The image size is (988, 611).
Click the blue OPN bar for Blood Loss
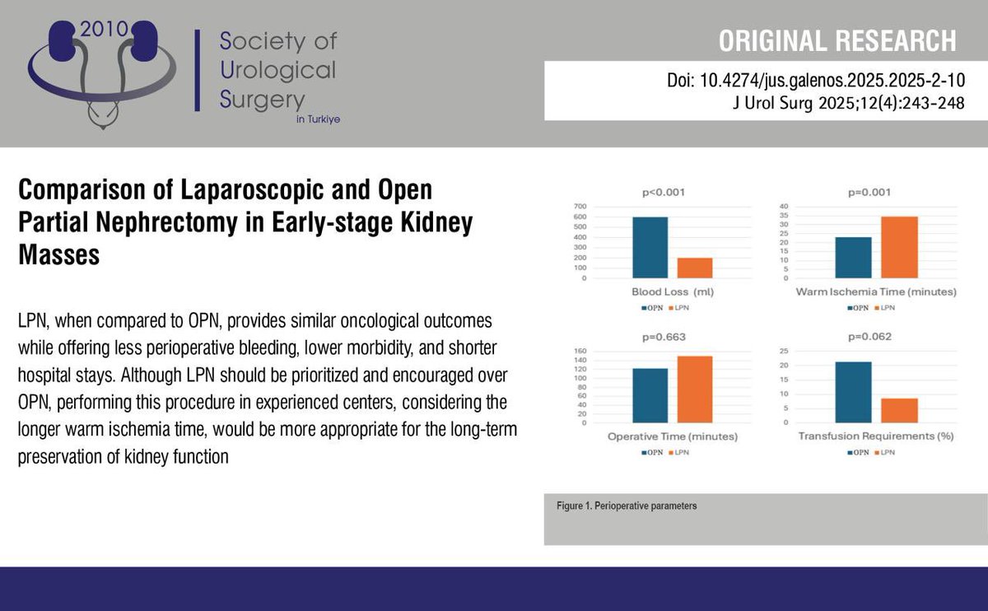[650, 248]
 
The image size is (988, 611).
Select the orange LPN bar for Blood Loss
[695, 268]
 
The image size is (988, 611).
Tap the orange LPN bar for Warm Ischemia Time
[899, 247]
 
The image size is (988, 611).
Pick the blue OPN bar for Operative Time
[650, 395]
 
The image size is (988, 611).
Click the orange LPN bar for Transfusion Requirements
[899, 410]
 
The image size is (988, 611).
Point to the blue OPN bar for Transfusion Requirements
[853, 392]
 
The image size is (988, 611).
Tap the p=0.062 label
[874, 338]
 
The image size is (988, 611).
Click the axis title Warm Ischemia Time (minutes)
[876, 292]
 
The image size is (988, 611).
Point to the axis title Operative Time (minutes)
[672, 436]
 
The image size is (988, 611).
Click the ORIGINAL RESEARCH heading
[838, 40]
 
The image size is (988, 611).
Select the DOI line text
[815, 83]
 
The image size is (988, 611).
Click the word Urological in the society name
[278, 69]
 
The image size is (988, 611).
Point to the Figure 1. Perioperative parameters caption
[626, 506]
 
